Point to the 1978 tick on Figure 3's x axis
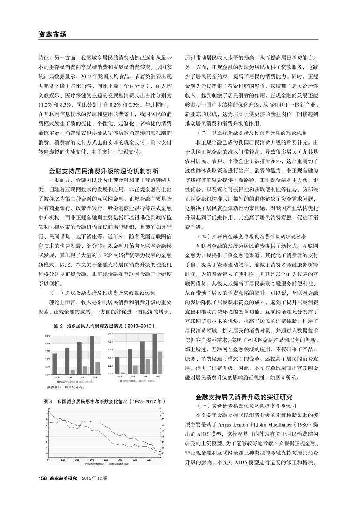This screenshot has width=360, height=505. [49, 459]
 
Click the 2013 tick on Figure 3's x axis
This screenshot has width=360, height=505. [148, 459]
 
